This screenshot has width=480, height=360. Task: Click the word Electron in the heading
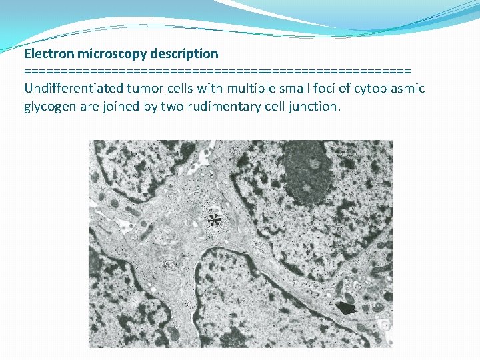point(49,53)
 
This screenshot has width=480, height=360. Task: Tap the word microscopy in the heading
point(111,53)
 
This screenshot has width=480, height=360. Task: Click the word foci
point(325,89)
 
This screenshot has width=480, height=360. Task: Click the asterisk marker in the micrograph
point(214,221)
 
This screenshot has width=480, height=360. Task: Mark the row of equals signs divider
point(217,71)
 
